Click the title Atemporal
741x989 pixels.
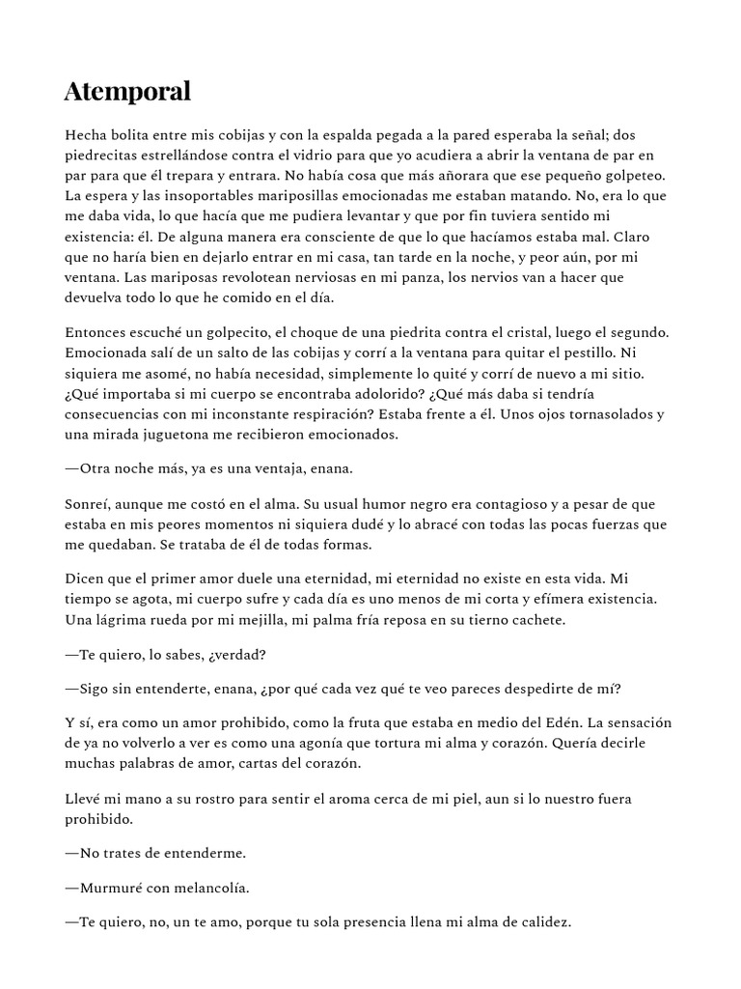127,92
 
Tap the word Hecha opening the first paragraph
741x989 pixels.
87,135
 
